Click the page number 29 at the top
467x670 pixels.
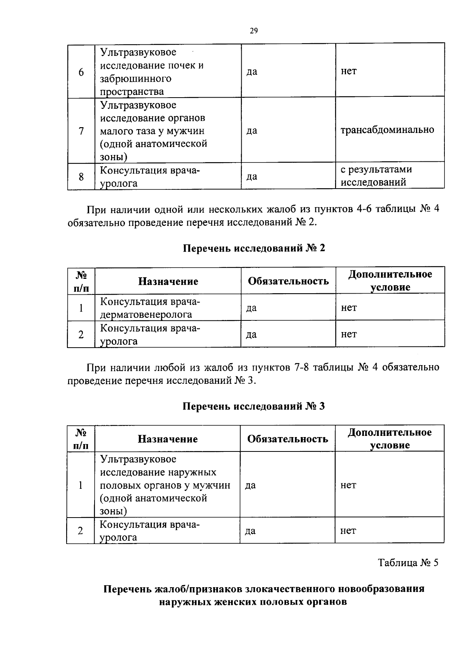254,31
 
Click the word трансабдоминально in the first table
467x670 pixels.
387,130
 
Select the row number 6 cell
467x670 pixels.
81,72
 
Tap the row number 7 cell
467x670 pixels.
81,131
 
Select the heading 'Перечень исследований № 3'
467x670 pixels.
254,406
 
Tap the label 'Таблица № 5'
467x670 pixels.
408,563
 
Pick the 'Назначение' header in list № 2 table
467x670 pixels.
168,282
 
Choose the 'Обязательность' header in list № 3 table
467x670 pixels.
288,439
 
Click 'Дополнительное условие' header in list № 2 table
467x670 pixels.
390,281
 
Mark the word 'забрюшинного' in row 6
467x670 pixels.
136,79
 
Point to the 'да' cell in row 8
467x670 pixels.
252,177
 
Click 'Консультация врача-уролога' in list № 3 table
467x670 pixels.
150,531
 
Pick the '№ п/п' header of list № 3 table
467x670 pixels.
81,439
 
